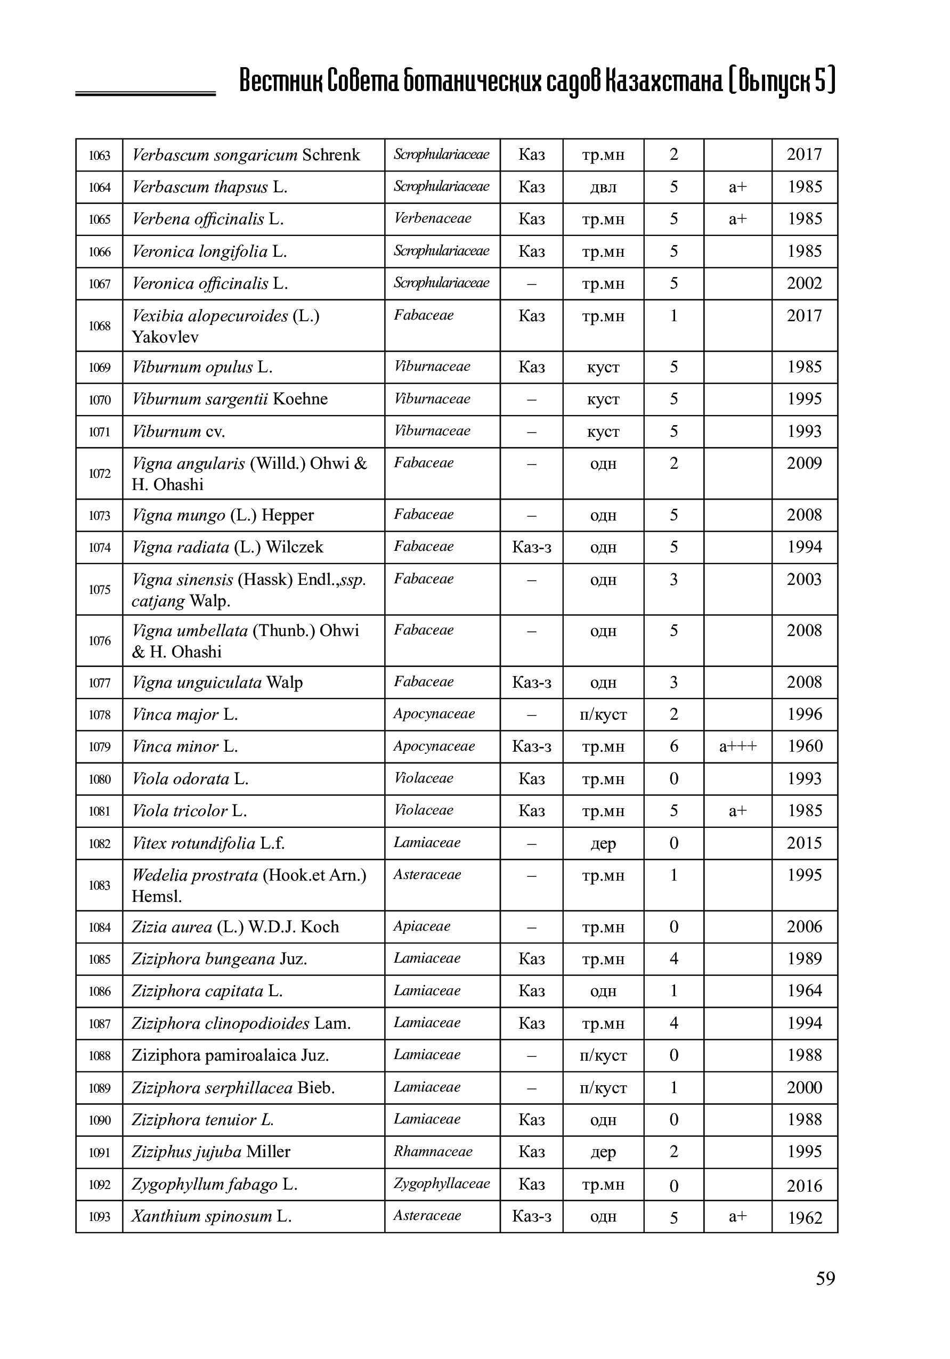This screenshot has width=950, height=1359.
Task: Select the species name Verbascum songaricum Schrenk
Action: [246, 155]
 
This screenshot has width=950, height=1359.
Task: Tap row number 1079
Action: [100, 747]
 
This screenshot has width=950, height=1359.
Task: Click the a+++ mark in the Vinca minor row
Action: [737, 746]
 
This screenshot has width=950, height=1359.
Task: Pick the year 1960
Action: [805, 746]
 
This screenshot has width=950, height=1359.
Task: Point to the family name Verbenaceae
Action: [433, 218]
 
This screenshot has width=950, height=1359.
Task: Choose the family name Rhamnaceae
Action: [433, 1151]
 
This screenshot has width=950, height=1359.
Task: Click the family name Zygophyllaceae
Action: [442, 1183]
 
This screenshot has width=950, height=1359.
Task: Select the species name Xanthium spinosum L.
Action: [212, 1216]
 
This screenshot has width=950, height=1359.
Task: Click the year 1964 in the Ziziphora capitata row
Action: [805, 991]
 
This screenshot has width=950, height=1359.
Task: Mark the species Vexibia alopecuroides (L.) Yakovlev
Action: [225, 326]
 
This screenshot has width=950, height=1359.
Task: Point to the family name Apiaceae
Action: [422, 926]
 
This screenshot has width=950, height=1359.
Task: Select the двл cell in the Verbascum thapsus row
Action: [603, 188]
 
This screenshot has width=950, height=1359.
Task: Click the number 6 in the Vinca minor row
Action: [673, 746]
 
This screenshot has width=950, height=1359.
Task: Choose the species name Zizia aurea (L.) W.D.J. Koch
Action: [235, 927]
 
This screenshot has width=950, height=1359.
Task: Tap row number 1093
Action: [100, 1217]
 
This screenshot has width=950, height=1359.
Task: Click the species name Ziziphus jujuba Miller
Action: [210, 1152]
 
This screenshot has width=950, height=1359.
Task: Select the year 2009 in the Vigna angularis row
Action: [805, 463]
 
